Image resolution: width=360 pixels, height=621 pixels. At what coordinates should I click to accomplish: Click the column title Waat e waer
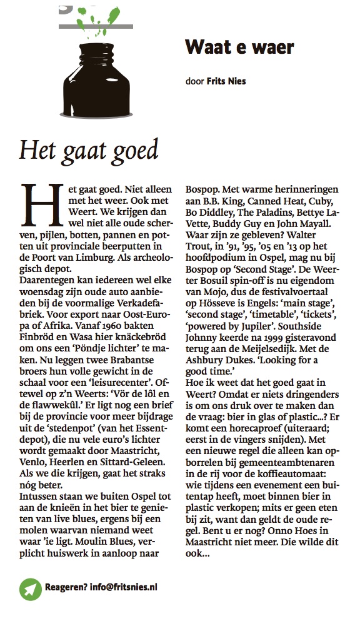coord(239,48)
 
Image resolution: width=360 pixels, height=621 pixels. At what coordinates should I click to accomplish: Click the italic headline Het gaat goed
coord(88,150)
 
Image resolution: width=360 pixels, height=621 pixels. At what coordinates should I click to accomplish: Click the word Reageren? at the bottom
coord(66,587)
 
